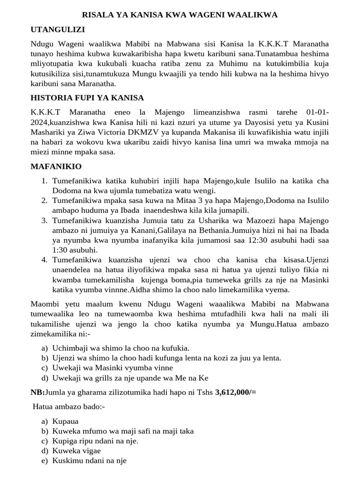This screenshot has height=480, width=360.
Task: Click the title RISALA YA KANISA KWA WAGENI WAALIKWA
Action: tap(180, 15)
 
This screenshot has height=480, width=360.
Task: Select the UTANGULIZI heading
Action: tap(58, 30)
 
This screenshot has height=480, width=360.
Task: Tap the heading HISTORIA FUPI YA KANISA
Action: tap(87, 97)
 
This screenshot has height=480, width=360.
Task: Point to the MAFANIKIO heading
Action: tap(56, 166)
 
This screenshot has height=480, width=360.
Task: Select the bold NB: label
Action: tap(37, 392)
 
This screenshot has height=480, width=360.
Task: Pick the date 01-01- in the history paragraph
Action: tap(317, 112)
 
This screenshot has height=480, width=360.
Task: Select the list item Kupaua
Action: tap(66, 421)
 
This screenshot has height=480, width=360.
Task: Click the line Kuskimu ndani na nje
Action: tap(90, 460)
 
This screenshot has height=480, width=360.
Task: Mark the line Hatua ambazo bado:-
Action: tap(69, 406)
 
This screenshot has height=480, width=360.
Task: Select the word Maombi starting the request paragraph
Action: tap(45, 304)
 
